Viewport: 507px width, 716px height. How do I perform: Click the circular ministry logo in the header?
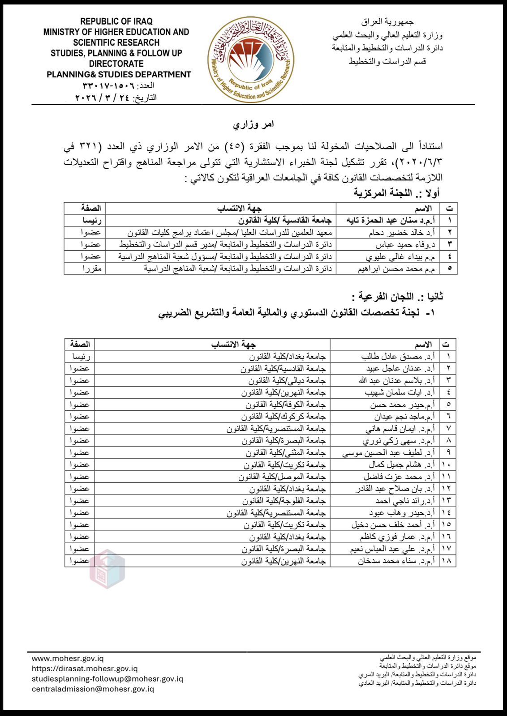[251, 60]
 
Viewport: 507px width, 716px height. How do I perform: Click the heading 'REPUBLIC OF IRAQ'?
[116, 21]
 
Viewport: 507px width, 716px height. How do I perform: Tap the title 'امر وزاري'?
[253, 124]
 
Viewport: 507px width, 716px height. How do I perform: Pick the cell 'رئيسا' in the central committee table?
[91, 220]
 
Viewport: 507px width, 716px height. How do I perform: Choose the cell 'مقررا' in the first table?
[92, 268]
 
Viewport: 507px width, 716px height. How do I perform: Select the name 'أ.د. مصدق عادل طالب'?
[398, 357]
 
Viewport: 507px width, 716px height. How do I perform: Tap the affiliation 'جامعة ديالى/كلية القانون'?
[287, 380]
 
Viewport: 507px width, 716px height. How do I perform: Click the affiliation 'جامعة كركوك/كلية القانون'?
[284, 417]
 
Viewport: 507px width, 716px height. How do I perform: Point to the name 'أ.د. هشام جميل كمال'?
[402, 465]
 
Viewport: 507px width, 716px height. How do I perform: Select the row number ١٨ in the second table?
[446, 561]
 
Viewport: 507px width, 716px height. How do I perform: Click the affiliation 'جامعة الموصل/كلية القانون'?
[282, 477]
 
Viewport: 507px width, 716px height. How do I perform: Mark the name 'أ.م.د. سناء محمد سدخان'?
[396, 561]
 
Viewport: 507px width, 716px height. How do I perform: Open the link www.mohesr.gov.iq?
[68, 659]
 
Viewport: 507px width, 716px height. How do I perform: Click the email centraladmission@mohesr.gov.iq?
[93, 689]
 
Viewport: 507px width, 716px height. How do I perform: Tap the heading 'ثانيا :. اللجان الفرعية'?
[397, 297]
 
